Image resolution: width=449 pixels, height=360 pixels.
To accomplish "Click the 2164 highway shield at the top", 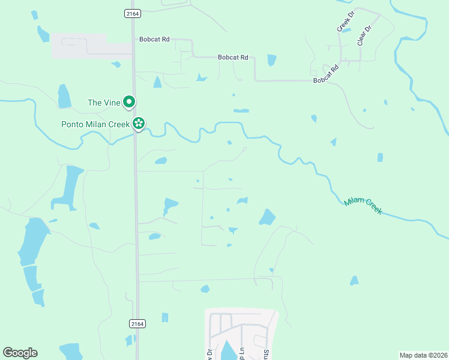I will pos(132,13).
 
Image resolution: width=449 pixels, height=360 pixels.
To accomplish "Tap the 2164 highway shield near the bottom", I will pos(137,323).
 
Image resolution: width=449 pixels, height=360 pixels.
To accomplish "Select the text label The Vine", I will pos(104,103).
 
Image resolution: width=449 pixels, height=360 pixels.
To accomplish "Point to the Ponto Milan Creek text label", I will pos(95,124).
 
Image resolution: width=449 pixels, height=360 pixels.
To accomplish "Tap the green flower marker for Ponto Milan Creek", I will pos(139,124).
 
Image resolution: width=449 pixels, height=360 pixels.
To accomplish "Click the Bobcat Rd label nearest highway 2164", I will pos(155,39).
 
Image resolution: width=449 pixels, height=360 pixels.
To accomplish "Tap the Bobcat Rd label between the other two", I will pos(233,58).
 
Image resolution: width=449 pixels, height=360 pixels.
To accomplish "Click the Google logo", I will pos(20,353).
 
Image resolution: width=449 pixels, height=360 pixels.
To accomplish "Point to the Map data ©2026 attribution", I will pos(423,355).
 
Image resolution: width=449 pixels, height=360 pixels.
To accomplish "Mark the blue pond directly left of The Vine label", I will pos(64,96).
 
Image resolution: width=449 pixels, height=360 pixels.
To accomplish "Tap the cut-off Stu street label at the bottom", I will pos(265,353).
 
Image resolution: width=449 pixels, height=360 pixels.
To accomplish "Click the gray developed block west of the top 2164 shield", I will pos(90,46).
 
